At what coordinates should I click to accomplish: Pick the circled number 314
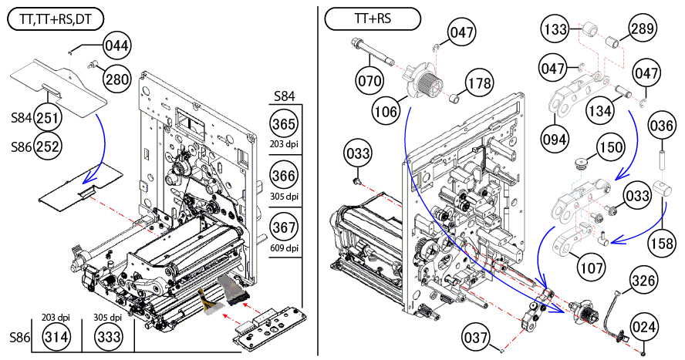click(55, 338)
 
